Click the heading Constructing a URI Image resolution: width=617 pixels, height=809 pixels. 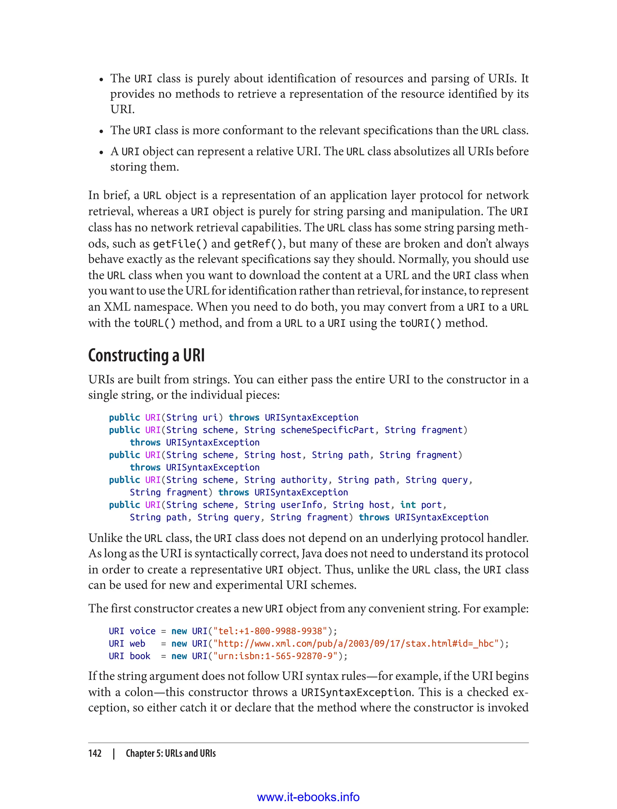(146, 355)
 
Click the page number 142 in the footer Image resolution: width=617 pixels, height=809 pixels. (95, 753)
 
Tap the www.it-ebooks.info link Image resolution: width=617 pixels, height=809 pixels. (308, 797)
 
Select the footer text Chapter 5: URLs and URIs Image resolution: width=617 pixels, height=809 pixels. (171, 753)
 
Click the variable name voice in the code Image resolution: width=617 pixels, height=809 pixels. (143, 631)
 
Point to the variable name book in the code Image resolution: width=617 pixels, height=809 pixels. (140, 656)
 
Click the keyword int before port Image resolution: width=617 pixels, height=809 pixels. (408, 505)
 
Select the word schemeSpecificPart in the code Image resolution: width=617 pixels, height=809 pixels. (327, 430)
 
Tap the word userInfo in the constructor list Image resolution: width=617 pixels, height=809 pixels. (301, 505)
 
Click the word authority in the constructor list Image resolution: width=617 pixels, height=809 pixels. (304, 480)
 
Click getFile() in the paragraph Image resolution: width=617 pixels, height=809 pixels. (180, 243)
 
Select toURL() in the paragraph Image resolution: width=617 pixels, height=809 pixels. (154, 323)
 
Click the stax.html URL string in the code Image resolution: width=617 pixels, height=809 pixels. (356, 643)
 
